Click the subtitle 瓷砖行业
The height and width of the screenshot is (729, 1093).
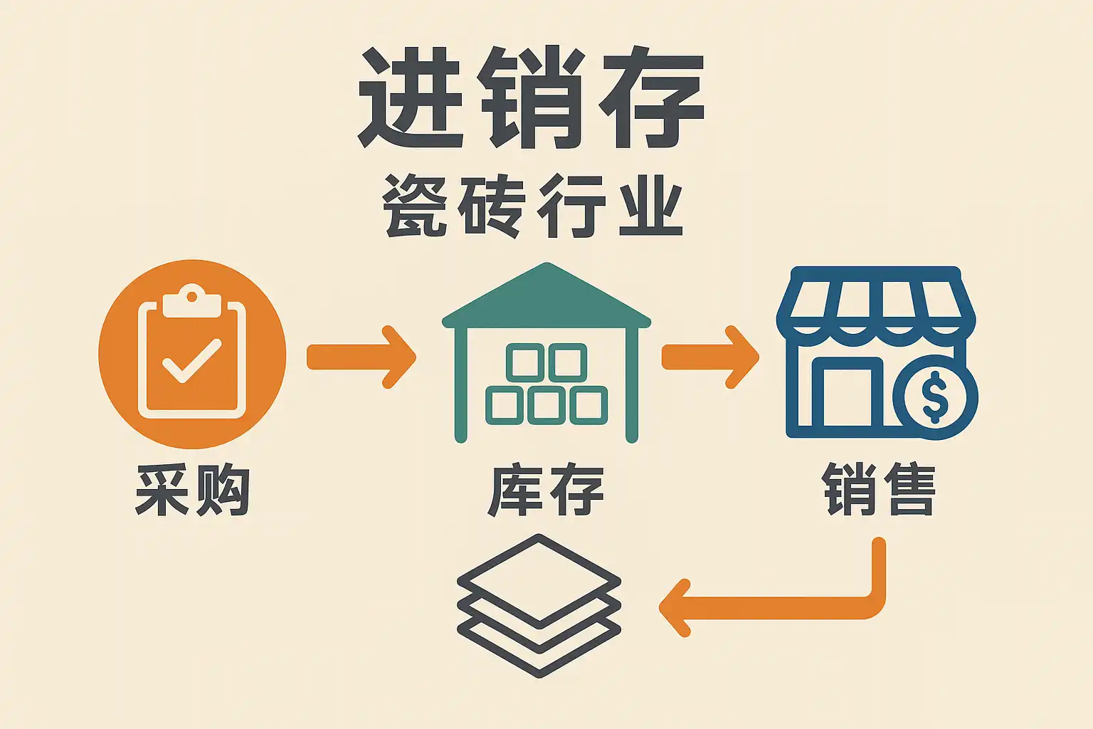532,206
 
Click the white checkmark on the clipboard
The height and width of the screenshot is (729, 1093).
191,360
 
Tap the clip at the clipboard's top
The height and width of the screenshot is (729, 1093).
191,300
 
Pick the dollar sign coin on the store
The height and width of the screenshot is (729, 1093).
934,398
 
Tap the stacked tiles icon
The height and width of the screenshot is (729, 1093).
539,605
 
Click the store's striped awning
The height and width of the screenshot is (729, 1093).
876,303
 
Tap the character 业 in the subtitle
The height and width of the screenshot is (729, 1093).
650,206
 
